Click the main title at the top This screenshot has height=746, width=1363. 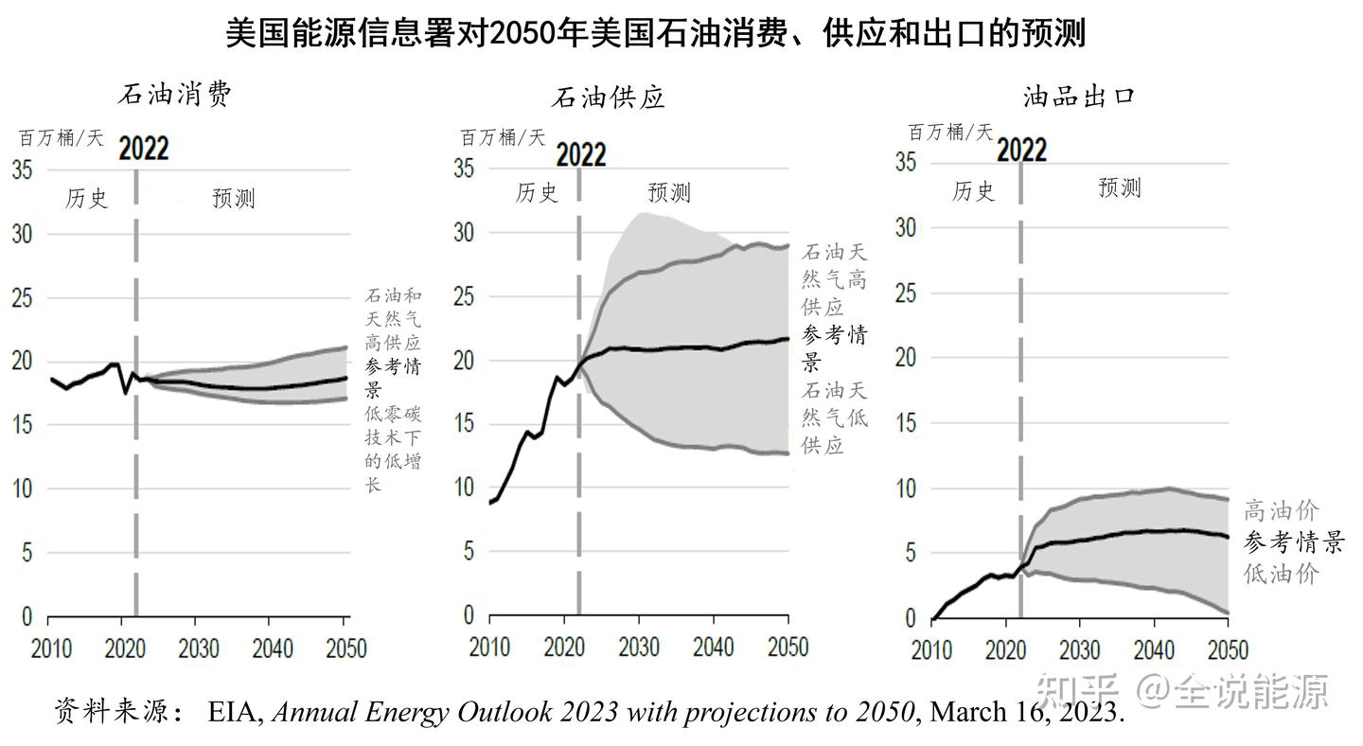coord(655,34)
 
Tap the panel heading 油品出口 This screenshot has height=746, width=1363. coord(1079,96)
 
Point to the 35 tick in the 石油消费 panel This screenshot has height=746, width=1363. coord(22,169)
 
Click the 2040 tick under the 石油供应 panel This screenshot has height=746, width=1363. coord(714,647)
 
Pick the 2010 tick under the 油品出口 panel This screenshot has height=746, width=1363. coord(931,650)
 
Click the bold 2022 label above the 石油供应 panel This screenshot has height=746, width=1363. coord(580,154)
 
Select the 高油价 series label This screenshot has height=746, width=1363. coord(1281,511)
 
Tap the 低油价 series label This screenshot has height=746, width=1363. coord(1281,573)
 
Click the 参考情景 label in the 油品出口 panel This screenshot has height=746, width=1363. coord(1293,542)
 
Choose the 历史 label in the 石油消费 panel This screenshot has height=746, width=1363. coord(87,198)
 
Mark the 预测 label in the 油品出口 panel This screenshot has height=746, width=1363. coord(1120,187)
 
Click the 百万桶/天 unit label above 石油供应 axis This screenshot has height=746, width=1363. coord(503,137)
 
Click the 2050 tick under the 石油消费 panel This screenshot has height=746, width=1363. coord(345,648)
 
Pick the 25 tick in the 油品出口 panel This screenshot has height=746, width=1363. coord(906,293)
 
